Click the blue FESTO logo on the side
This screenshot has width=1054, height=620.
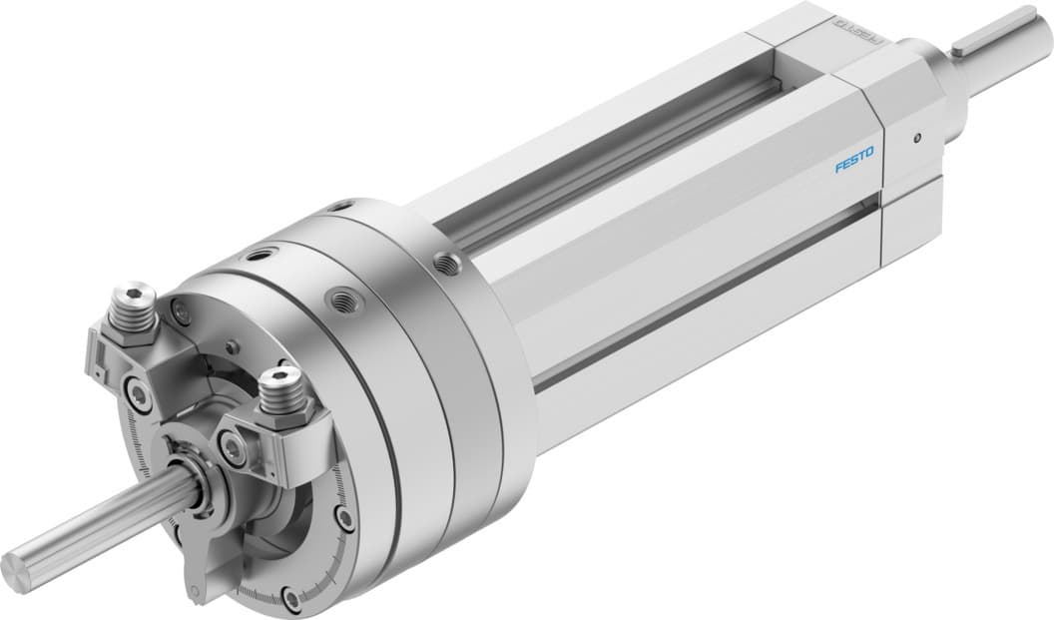853,160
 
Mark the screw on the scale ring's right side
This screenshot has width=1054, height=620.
343,518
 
